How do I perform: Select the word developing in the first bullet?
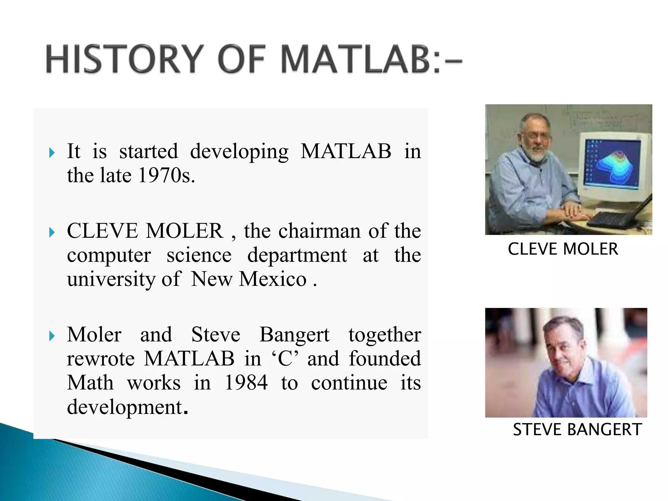pyautogui.click(x=239, y=152)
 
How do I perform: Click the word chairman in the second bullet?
pyautogui.click(x=320, y=231)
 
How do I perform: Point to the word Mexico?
pyautogui.click(x=273, y=279)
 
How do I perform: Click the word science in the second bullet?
pyautogui.click(x=199, y=255)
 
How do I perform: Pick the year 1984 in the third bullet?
pyautogui.click(x=246, y=383)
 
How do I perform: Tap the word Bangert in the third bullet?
pyautogui.click(x=294, y=335)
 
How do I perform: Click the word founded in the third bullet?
pyautogui.click(x=385, y=358)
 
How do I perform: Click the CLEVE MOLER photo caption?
pyautogui.click(x=563, y=249)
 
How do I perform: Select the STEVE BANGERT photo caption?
pyautogui.click(x=577, y=430)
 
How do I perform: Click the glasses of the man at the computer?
pyautogui.click(x=537, y=136)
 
